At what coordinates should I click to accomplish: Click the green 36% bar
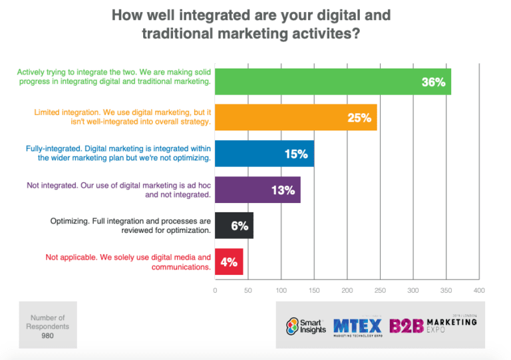333,82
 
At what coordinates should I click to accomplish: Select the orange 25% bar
295,118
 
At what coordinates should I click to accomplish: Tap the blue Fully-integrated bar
264,154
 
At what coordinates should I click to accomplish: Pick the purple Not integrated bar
257,190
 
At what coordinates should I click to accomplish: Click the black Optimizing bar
234,226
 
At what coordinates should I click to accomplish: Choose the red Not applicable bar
229,262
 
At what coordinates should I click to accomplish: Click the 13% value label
283,190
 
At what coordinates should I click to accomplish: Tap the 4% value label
229,262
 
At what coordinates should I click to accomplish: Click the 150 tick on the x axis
313,291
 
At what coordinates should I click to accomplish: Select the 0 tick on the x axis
215,291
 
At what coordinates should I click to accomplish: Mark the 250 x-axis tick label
379,291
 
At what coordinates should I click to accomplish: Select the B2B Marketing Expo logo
433,326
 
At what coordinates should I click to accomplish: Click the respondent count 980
48,336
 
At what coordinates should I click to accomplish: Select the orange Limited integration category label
122,118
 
